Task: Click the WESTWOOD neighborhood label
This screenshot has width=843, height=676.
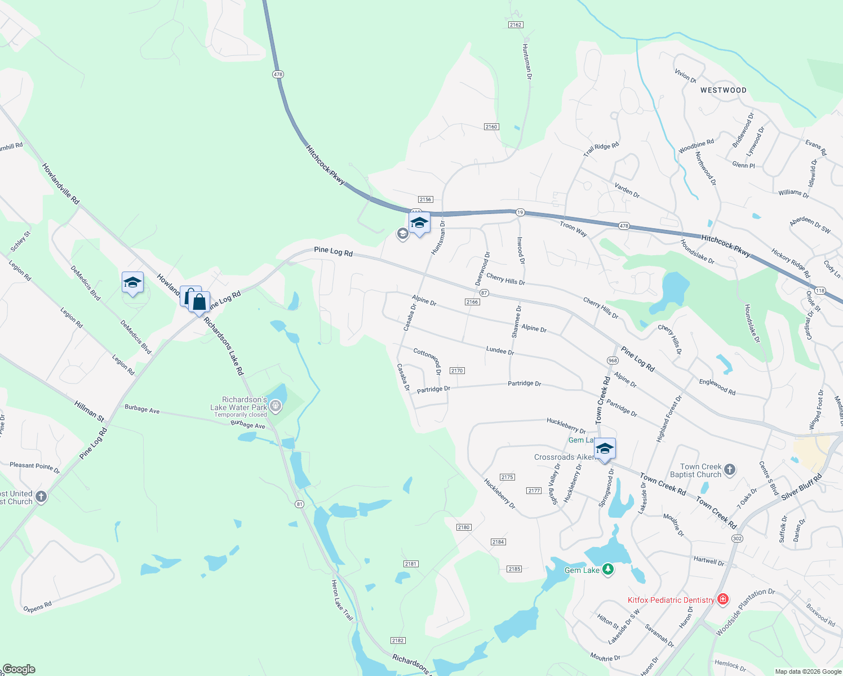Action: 723,90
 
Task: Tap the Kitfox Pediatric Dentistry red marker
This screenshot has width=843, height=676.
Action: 723,599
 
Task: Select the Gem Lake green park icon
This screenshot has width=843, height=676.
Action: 607,570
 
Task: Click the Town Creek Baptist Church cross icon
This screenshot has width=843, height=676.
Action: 730,469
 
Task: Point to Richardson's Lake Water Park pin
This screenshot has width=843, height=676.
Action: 275,404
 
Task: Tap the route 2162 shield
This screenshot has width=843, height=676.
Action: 515,25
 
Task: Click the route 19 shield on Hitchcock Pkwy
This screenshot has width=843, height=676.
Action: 520,212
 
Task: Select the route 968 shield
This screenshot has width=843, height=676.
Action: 613,361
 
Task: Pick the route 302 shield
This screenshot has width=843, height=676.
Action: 737,539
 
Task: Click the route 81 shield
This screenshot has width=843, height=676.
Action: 299,504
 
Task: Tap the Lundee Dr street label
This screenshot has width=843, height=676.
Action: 500,350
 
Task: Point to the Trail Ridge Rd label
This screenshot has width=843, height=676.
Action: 601,149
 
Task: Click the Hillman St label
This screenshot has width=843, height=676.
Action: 90,411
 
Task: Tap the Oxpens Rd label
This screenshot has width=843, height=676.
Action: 37,607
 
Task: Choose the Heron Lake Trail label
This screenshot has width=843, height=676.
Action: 342,601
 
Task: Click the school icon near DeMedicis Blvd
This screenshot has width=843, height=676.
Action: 132,282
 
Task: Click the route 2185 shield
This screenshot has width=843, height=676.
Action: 514,569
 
